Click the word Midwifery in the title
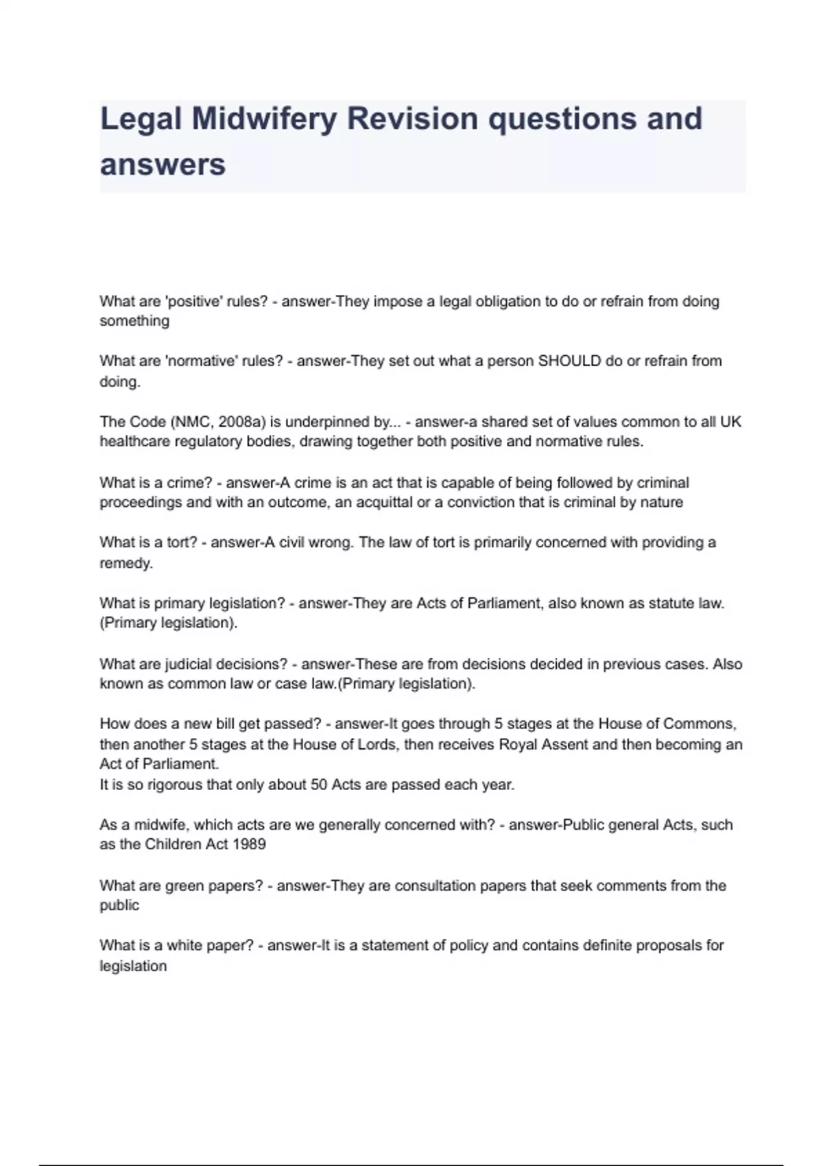[x=264, y=119]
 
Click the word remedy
[x=125, y=564]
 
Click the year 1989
[x=249, y=845]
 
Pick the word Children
[x=172, y=845]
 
